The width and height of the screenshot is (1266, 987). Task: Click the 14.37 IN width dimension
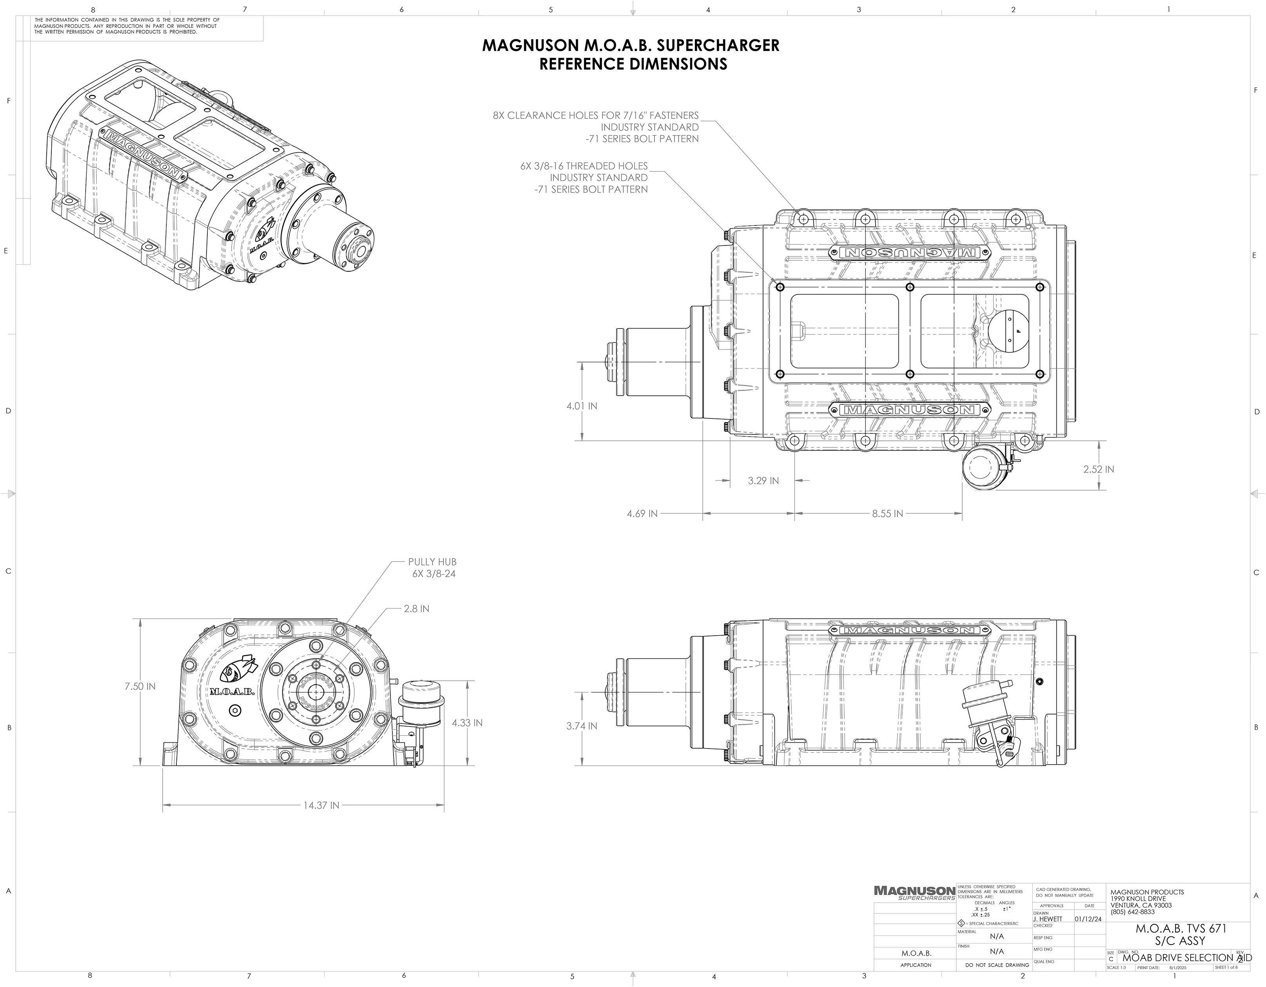(x=321, y=805)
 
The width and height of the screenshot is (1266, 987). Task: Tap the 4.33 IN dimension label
(x=467, y=723)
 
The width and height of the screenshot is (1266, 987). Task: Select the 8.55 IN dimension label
(x=887, y=514)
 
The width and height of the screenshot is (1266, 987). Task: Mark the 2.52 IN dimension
(x=1099, y=469)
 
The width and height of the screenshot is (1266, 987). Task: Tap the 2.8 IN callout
(x=416, y=609)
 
